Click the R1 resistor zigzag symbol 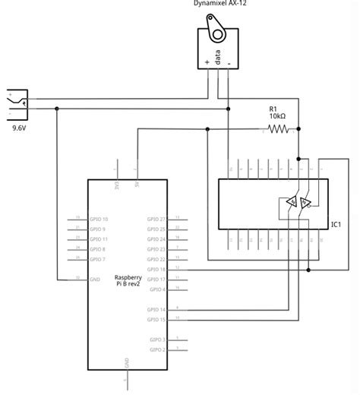279,129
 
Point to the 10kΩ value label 278,117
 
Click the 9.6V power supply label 20,128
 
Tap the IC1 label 336,224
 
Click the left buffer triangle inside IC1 290,202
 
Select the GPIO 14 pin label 156,310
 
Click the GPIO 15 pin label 156,320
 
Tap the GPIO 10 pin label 99,219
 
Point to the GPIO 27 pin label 156,219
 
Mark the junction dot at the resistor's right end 299,129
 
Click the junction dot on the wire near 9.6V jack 57,109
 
